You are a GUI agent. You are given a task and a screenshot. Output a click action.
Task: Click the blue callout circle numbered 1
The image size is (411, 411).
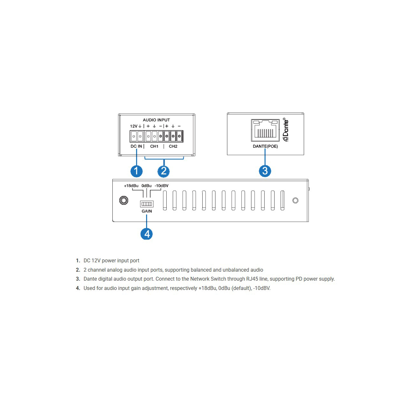[136, 171]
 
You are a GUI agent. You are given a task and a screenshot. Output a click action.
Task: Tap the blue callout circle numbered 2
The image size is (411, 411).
[163, 171]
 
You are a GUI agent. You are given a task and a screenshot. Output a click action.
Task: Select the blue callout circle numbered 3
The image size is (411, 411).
[265, 171]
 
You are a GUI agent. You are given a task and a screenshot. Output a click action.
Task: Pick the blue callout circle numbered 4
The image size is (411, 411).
[146, 234]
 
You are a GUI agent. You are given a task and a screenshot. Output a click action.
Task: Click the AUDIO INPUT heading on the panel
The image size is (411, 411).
[156, 120]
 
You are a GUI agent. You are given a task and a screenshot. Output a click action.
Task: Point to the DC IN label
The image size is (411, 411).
[136, 146]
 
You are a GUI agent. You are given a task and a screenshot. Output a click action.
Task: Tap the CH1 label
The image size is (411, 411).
[154, 146]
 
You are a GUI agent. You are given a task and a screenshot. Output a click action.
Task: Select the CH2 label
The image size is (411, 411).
[173, 146]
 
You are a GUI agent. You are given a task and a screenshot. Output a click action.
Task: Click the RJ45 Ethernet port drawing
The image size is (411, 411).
[265, 130]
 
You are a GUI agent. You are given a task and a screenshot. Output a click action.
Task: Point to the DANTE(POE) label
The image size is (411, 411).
[265, 146]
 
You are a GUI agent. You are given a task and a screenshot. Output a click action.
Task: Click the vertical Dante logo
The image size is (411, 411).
[285, 129]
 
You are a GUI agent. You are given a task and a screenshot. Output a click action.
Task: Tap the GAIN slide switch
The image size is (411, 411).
[146, 204]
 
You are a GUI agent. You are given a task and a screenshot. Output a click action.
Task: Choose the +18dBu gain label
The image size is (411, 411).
[131, 186]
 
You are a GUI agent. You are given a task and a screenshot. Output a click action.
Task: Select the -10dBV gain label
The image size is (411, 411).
[162, 186]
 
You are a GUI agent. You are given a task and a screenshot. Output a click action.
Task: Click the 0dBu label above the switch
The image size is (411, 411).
[146, 186]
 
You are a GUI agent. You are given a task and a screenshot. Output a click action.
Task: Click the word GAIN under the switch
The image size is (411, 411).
[146, 211]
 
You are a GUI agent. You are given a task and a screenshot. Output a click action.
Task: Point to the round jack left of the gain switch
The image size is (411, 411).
[124, 200]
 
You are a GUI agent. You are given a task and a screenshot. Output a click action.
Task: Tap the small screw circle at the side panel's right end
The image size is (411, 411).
[295, 200]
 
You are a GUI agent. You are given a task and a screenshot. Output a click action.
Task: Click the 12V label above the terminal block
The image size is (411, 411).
[134, 126]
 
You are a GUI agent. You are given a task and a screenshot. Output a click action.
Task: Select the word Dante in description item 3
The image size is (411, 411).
[90, 279]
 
